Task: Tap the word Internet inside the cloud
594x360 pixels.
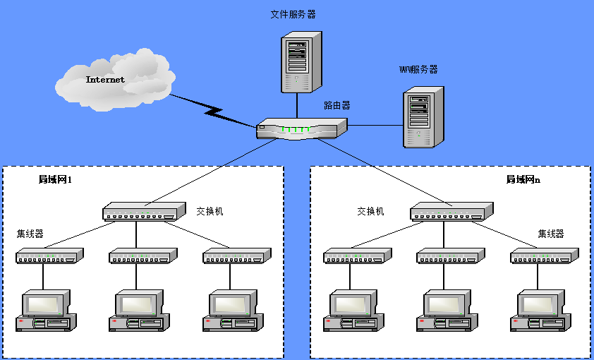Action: tap(105, 80)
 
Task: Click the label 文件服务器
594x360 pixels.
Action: tap(293, 14)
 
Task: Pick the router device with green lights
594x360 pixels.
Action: tap(301, 128)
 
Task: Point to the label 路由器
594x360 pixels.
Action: tap(337, 105)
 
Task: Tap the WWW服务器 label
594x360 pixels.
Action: tap(418, 69)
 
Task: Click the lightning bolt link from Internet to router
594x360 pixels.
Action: tap(212, 109)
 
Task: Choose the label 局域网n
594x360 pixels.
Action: tap(523, 180)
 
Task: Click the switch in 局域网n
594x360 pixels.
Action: tap(451, 211)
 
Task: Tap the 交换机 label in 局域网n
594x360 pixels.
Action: tap(370, 211)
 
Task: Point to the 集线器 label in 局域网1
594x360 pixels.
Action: tap(30, 234)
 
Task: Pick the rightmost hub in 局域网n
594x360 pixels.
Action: tap(545, 256)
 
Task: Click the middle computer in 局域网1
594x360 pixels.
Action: tap(138, 311)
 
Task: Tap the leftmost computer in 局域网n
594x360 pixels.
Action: tap(353, 311)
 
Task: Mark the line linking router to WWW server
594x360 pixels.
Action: tap(375, 126)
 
